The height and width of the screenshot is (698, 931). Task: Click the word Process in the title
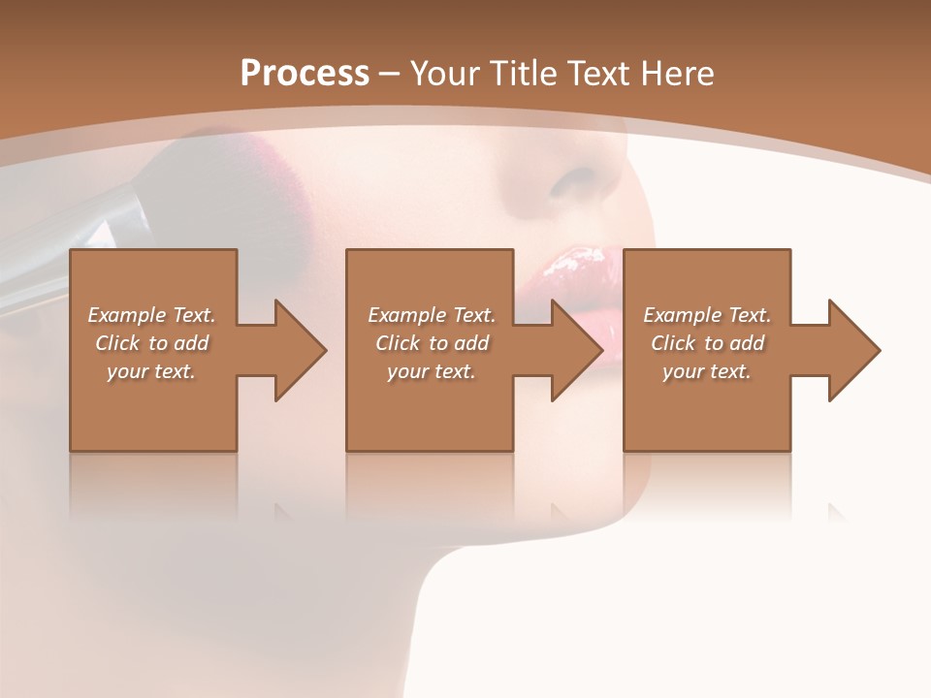[x=305, y=74]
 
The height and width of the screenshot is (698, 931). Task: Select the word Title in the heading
[x=525, y=74]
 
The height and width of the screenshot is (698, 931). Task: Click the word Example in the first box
[x=127, y=315]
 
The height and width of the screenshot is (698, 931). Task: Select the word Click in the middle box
[x=398, y=343]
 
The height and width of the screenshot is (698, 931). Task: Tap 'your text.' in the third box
[x=707, y=371]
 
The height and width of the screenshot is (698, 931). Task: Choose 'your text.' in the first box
[x=151, y=371]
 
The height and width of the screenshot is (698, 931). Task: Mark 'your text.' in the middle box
[x=432, y=371]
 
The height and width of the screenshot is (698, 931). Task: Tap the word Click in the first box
[x=117, y=343]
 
